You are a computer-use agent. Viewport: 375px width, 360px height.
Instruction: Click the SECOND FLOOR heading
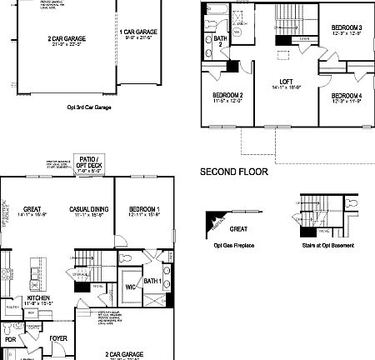(x=234, y=172)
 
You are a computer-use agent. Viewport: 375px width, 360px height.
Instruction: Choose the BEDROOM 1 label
(x=144, y=210)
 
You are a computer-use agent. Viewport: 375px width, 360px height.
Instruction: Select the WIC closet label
(x=131, y=288)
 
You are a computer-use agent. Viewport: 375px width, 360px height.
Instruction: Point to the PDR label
(x=10, y=340)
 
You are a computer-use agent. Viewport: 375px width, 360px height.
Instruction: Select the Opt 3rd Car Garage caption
(x=89, y=107)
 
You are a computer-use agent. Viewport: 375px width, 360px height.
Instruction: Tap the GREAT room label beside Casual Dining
(x=32, y=210)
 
